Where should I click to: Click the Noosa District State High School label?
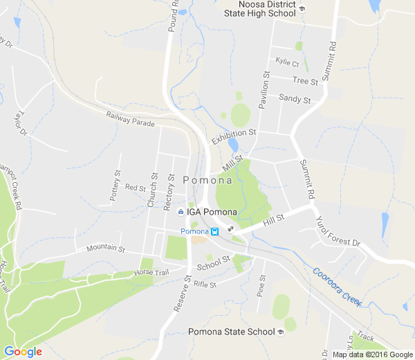(x=262, y=9)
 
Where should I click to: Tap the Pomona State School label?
(x=232, y=332)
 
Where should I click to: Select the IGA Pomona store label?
(x=212, y=212)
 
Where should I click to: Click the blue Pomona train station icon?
(x=215, y=231)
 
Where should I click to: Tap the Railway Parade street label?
(x=131, y=119)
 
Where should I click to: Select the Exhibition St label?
(x=234, y=136)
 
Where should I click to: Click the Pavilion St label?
(x=263, y=89)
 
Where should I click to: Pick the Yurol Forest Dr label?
(x=338, y=233)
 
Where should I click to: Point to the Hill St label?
(x=274, y=221)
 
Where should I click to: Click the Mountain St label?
(x=105, y=248)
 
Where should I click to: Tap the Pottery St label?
(x=116, y=188)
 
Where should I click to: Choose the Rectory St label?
(x=167, y=192)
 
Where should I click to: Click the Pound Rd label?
(x=173, y=16)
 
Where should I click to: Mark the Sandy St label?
(x=295, y=99)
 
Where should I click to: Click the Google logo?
(x=23, y=352)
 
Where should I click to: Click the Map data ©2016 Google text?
(x=372, y=354)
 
